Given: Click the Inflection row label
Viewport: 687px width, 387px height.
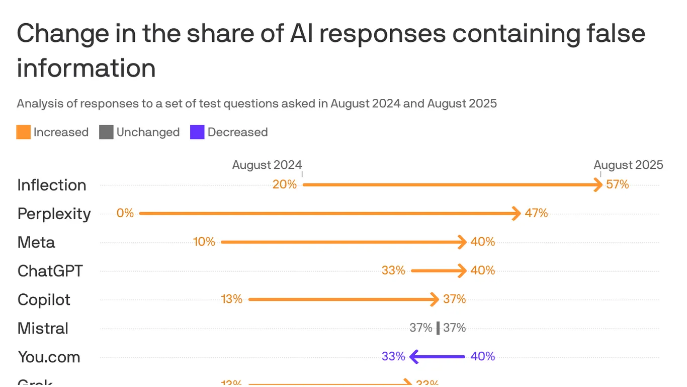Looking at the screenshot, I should tap(52, 185).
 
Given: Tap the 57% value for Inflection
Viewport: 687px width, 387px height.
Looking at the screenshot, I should tap(618, 184).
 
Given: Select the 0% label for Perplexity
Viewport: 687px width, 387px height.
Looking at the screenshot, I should tap(125, 213).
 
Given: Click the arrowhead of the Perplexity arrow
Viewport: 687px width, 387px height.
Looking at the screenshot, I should tap(516, 213).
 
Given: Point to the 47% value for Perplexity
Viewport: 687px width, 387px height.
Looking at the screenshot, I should tap(536, 213).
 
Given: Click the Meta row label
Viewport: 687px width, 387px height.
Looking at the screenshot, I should tap(36, 242).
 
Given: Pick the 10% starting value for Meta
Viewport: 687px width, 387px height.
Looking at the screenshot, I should tap(204, 242).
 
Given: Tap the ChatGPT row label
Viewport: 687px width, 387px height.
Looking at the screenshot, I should tap(50, 271).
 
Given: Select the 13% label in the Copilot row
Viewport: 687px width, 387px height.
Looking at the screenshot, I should tap(232, 299).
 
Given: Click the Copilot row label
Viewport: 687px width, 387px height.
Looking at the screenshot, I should tap(44, 300).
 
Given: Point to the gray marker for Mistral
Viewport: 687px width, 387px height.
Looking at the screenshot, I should tap(438, 328).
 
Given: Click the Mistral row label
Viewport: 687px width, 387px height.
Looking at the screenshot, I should tap(43, 329).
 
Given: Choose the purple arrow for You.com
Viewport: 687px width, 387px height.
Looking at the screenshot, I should tap(438, 357).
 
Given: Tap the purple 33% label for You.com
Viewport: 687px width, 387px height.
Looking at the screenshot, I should tap(393, 357).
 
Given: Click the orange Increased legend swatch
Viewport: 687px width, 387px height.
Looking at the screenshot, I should tap(24, 133).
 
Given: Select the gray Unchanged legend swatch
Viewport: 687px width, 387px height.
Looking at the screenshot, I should tap(106, 133).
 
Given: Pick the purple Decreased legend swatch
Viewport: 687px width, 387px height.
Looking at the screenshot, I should tap(197, 133).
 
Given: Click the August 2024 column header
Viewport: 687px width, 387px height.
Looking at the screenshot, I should tap(267, 165).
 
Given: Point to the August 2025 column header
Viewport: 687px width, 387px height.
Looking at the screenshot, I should tap(628, 165).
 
